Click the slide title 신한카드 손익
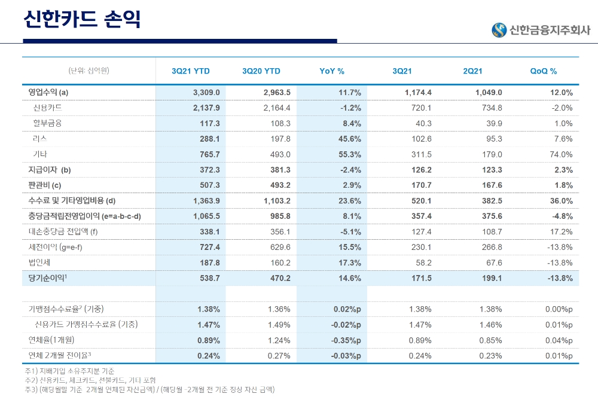pos(81,19)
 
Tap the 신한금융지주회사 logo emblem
pos(499,30)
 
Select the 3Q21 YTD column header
pos(191,71)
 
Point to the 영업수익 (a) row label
pos(48,93)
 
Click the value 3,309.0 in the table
pos(207,93)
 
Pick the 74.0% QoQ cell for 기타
pos(561,154)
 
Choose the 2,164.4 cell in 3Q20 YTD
pos(277,108)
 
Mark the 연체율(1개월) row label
pos(52,340)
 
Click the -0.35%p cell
pos(347,340)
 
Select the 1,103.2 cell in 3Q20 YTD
pos(277,201)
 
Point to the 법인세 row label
pos(39,263)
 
